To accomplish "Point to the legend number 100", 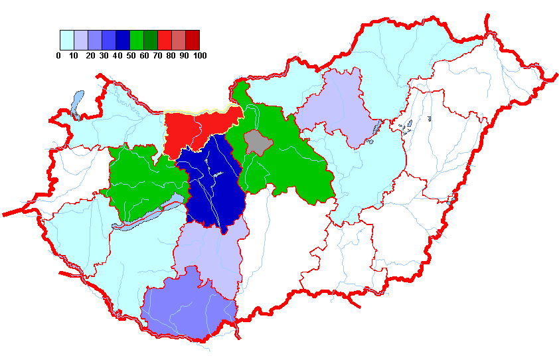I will tap(199, 56).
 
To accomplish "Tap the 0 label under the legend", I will tap(59, 56).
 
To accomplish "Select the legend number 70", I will tap(157, 56).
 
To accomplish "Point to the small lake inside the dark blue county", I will tap(216, 175).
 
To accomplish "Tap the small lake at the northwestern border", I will tap(75, 103).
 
